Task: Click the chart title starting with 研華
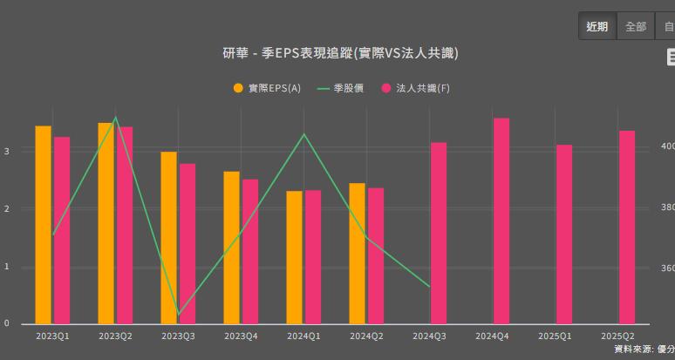pos(340,53)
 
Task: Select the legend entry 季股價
pos(341,88)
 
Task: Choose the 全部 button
pos(636,26)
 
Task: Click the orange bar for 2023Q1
pos(43,225)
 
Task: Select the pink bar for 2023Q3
pos(187,244)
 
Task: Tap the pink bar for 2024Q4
pos(501,221)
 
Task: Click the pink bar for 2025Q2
pos(627,228)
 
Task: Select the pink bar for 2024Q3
pos(439,233)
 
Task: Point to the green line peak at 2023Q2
pos(115,118)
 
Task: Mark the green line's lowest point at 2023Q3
pos(179,314)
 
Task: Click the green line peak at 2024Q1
pos(303,134)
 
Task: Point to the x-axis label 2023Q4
pos(241,336)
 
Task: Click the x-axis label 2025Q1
pos(556,336)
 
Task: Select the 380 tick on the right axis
pos(666,207)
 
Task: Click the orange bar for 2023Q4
pos(231,248)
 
